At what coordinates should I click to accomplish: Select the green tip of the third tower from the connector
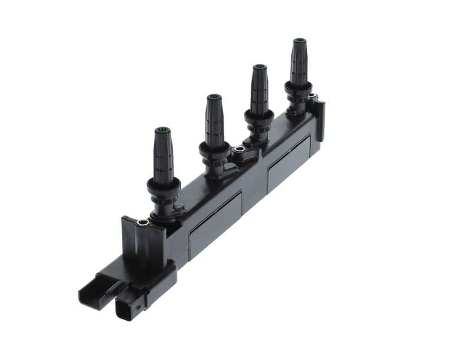[258, 68]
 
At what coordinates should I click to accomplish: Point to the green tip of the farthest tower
[299, 41]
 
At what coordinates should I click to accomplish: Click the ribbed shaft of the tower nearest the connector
[163, 156]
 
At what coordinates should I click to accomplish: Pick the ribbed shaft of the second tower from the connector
[214, 121]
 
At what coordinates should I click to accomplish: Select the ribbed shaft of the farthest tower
[299, 62]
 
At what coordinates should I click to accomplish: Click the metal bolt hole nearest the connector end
[142, 222]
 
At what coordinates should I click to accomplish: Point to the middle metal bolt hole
[239, 150]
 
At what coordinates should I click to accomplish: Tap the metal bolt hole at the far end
[313, 96]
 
